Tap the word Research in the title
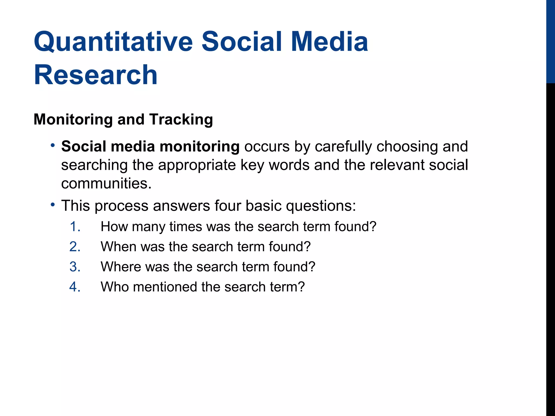(95, 75)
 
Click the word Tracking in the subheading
(181, 119)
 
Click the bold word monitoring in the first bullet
(199, 147)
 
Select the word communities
(106, 183)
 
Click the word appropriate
(197, 165)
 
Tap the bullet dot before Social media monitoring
(53, 145)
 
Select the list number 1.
(75, 226)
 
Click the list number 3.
(75, 267)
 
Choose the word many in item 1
(148, 227)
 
